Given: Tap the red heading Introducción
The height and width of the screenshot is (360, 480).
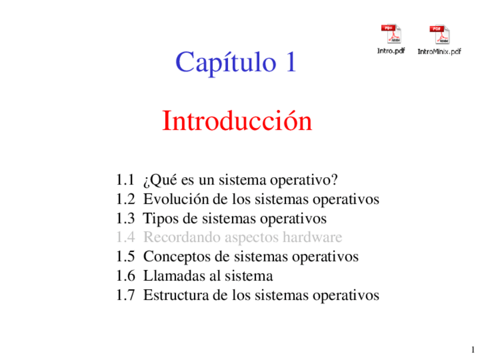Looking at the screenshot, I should click(237, 121).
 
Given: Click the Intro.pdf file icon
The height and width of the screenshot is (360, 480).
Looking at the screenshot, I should click(391, 35).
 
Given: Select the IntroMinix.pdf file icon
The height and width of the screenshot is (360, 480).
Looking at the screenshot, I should click(439, 35).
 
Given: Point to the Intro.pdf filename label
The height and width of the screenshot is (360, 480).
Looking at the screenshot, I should click(391, 51).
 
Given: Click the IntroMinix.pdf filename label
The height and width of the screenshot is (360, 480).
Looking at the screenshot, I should click(439, 51).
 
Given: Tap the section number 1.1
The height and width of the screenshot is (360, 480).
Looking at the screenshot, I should click(125, 181).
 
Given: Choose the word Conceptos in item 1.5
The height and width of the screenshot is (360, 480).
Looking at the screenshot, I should click(177, 256).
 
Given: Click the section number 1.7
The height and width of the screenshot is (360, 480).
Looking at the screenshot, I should click(125, 295).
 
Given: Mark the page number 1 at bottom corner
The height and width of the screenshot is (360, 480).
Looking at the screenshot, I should click(472, 349).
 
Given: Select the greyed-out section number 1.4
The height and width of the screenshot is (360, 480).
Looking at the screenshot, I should click(125, 237).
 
